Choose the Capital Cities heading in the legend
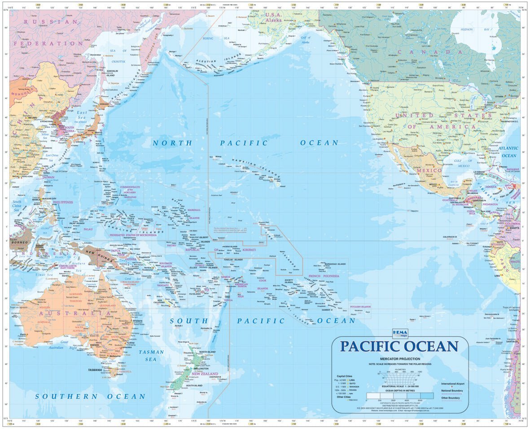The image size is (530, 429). [346, 376]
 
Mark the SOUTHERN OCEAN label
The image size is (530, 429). [91, 397]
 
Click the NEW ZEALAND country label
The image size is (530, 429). [205, 374]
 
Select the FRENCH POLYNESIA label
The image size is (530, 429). [324, 276]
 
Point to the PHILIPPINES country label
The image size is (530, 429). [62, 202]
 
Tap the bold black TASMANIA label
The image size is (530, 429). [95, 370]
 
